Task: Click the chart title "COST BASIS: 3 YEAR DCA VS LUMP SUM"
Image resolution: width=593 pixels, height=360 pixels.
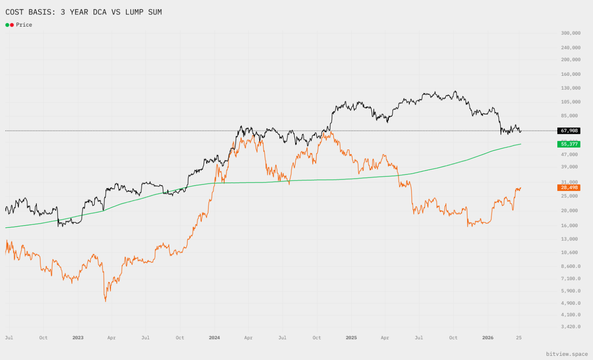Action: [83, 12]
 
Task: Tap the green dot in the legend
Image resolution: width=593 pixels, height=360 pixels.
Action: [7, 25]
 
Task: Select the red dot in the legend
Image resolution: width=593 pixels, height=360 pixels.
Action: [12, 25]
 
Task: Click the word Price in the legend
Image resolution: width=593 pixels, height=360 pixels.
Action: [24, 25]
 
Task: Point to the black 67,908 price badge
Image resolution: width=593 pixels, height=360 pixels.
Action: [569, 131]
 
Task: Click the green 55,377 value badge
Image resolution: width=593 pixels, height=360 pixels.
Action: [569, 144]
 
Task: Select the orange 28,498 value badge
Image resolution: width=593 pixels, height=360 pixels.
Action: [569, 187]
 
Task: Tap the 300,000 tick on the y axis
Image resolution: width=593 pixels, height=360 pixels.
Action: [570, 33]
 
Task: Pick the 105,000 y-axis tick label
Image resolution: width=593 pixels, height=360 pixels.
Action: [570, 102]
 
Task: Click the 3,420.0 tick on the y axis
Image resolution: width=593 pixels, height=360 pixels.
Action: [570, 326]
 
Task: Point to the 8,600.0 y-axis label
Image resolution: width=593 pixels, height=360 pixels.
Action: [570, 266]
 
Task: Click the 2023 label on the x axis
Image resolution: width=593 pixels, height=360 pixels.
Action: [78, 338]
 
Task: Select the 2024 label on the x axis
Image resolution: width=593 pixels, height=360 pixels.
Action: [214, 338]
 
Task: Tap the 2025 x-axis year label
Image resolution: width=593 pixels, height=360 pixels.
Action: [351, 338]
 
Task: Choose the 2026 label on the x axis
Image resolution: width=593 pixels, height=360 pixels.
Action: [488, 338]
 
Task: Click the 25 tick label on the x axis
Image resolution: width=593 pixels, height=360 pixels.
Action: [519, 338]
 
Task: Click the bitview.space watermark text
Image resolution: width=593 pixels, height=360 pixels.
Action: [567, 354]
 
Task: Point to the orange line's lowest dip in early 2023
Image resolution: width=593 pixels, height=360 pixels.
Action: [105, 301]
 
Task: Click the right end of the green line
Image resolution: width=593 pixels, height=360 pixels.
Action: [521, 144]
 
